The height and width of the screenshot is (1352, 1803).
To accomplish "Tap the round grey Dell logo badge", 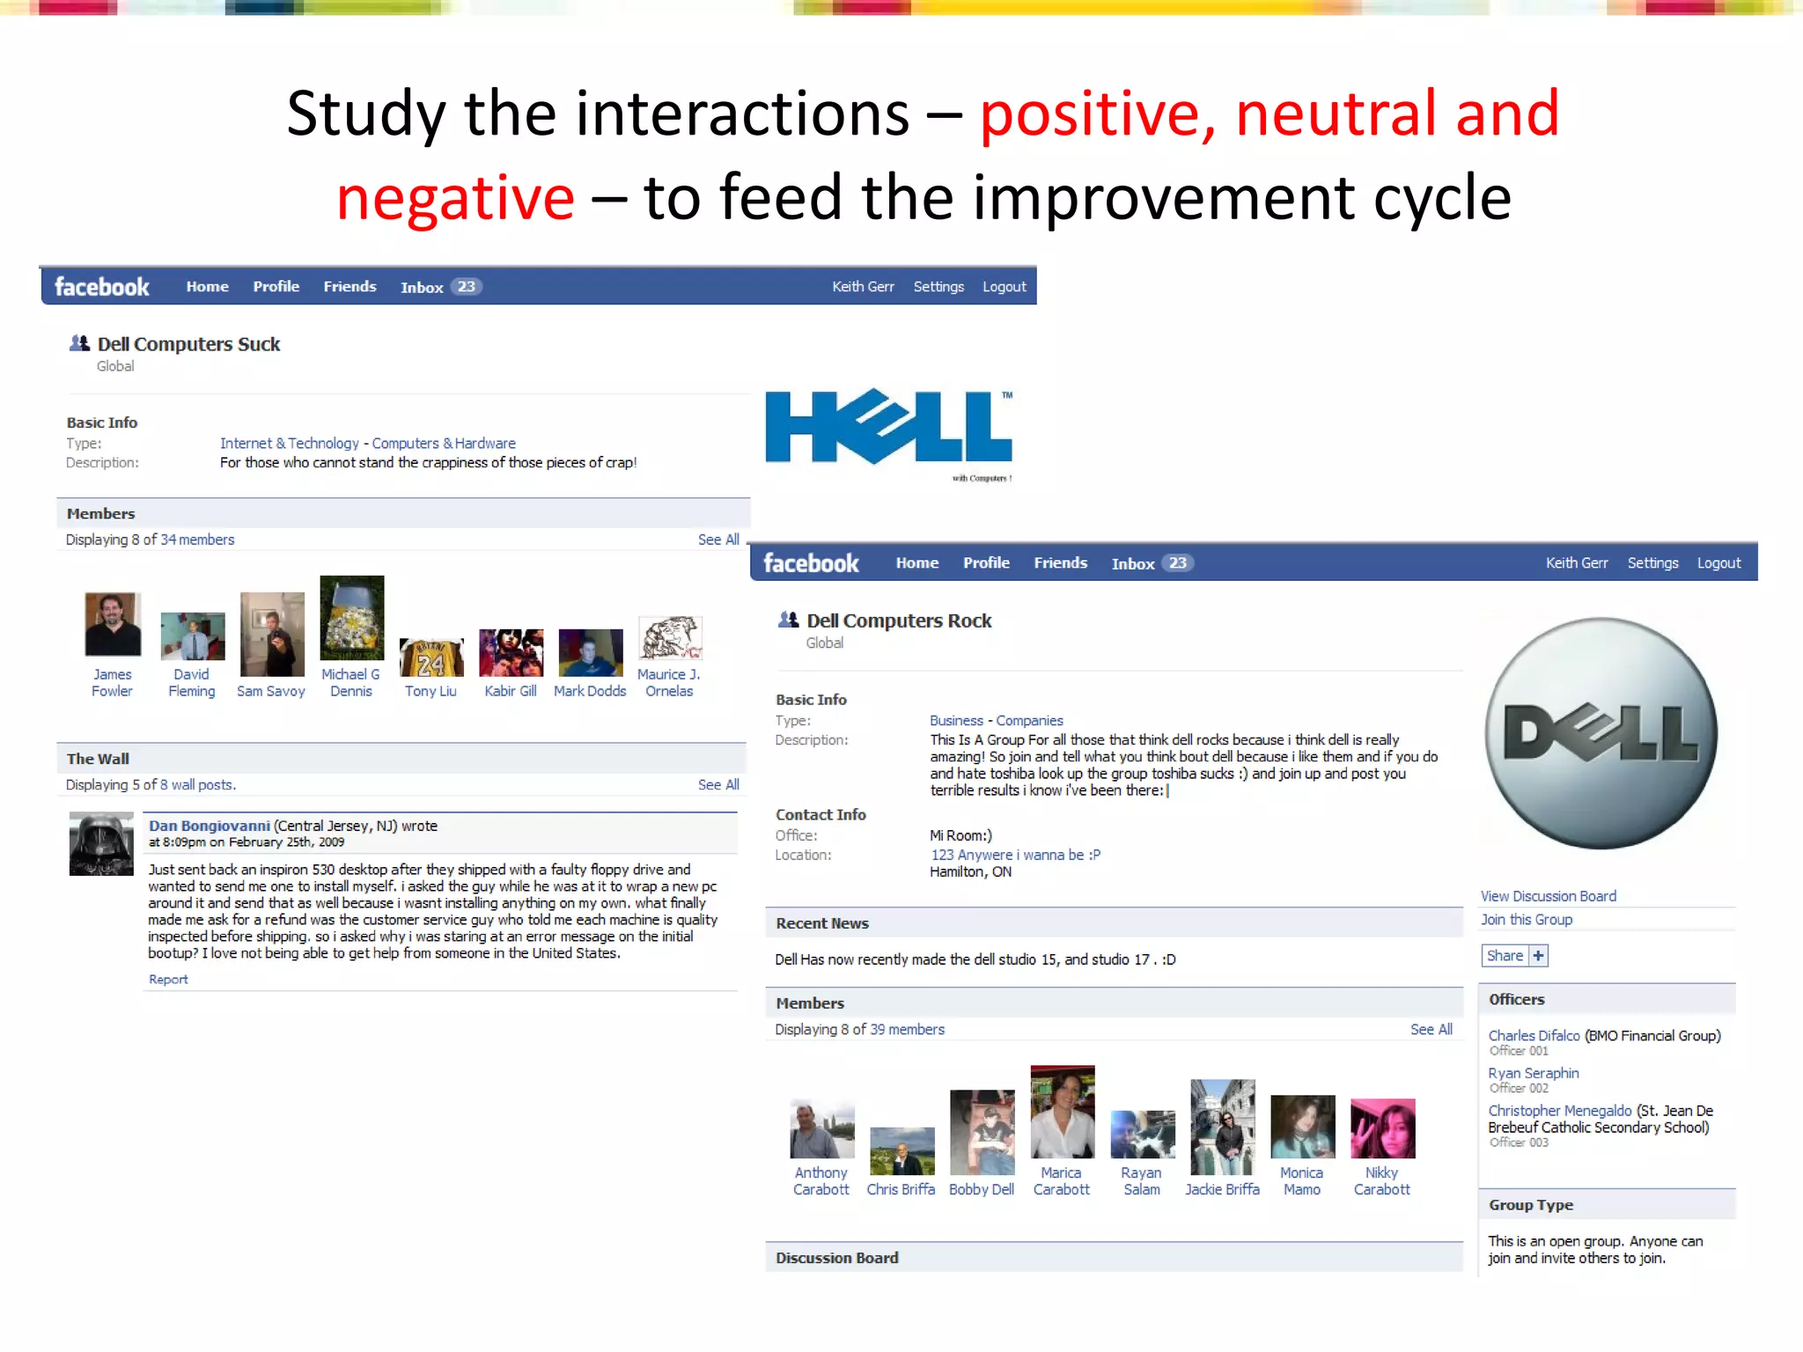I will point(1601,733).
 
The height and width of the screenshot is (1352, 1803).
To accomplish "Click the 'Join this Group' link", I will point(1526,919).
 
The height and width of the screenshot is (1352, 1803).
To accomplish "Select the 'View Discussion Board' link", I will point(1548,896).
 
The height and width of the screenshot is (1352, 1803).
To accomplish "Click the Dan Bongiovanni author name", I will point(209,826).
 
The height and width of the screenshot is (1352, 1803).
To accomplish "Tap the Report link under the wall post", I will point(168,980).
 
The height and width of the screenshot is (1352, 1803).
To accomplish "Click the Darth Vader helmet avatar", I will point(101,844).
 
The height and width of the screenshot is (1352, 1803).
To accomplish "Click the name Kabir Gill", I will point(510,691).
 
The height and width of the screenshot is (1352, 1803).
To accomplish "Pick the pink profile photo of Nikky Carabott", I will point(1382,1128).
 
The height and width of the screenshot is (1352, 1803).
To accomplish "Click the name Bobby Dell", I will point(981,1189).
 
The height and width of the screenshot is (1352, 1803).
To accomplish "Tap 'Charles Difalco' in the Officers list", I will point(1534,1035).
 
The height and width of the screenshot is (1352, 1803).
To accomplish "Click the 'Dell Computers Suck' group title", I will point(188,344).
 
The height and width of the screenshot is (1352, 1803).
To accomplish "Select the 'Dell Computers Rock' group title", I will point(899,621).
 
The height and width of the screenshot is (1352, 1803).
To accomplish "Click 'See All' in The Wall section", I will point(718,784).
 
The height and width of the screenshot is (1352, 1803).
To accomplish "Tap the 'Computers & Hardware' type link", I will point(444,444).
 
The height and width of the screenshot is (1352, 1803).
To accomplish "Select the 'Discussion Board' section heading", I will point(836,1258).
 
